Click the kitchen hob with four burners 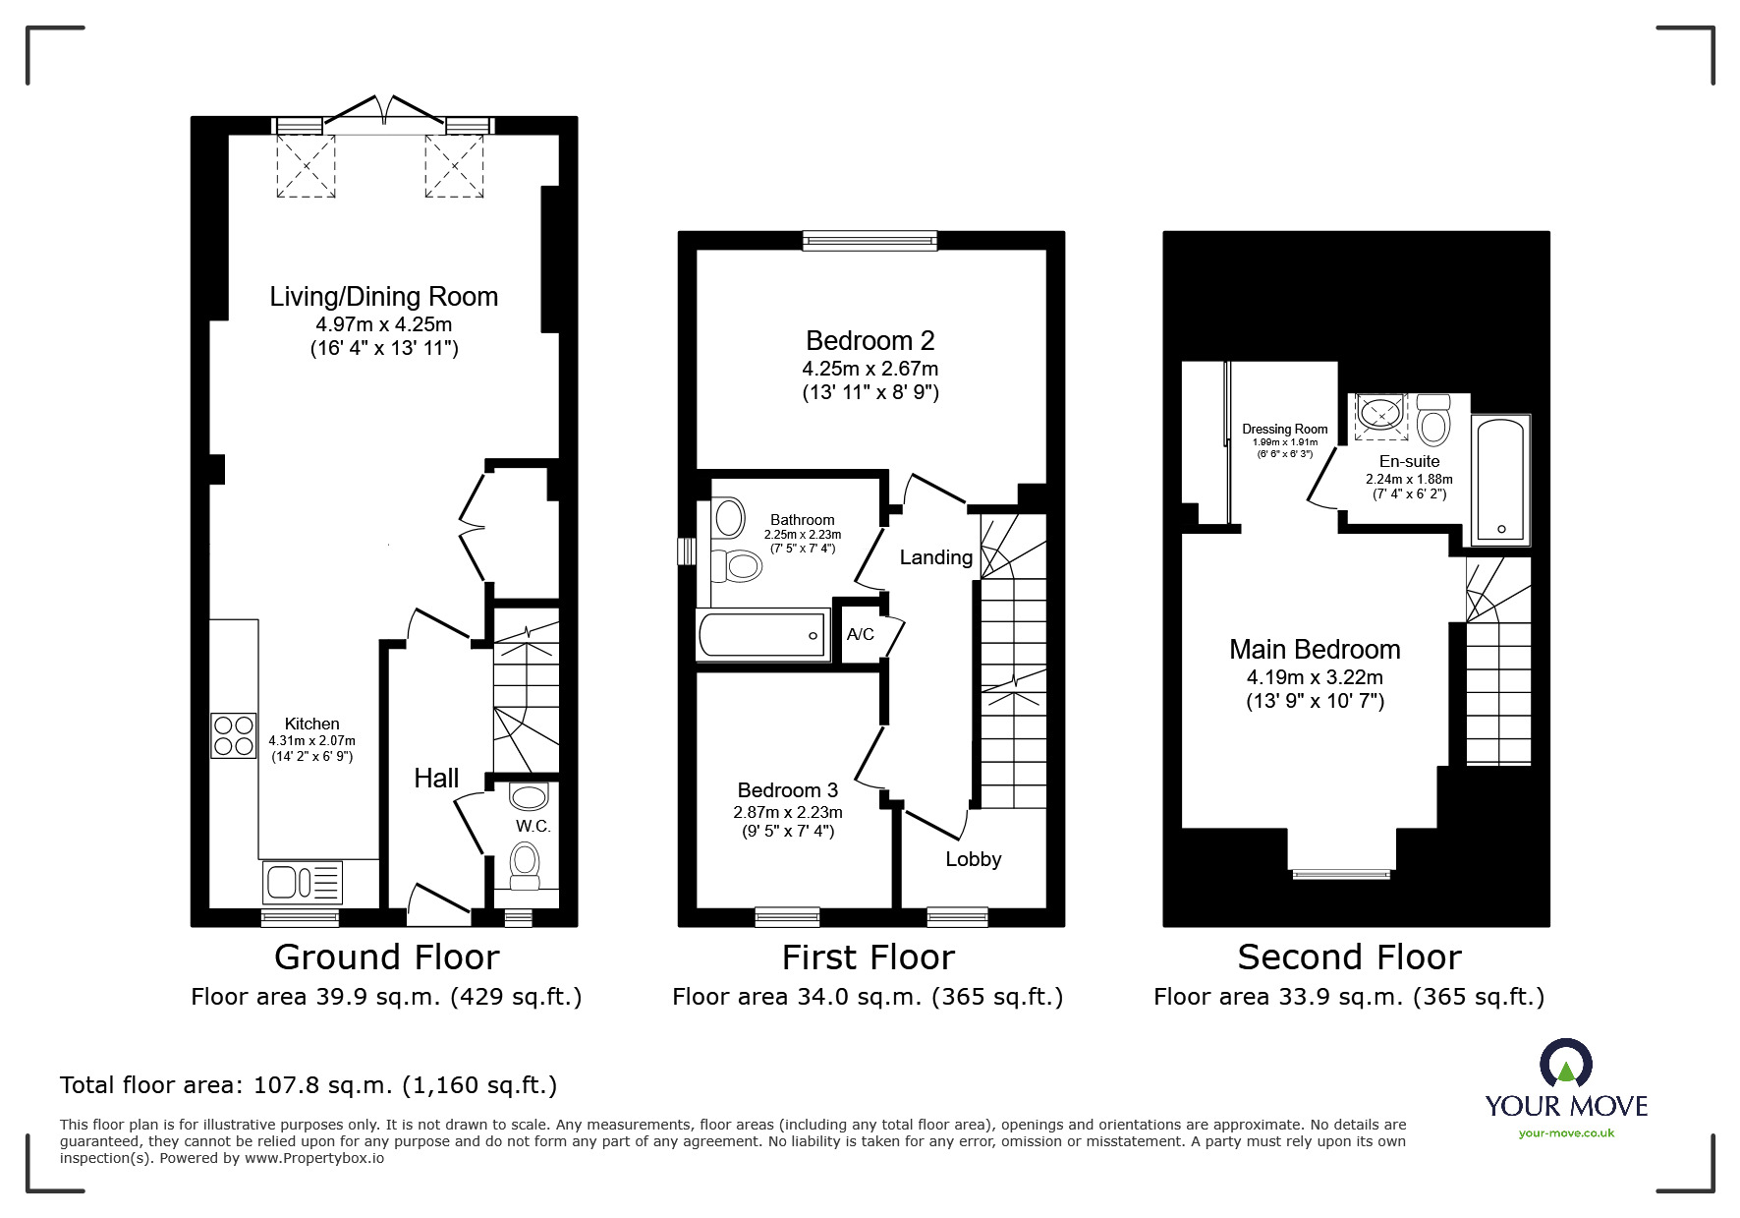point(233,735)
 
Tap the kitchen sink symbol point(302,882)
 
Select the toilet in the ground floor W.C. point(525,865)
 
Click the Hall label point(436,779)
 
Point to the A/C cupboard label point(860,634)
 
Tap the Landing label point(935,557)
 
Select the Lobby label point(973,859)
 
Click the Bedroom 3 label point(787,790)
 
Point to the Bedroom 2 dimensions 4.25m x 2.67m point(870,369)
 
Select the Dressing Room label point(1284,429)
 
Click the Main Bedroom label point(1315,649)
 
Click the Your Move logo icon point(1565,1064)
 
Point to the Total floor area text point(309,1085)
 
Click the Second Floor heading point(1348,957)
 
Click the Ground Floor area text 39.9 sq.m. point(386,997)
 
